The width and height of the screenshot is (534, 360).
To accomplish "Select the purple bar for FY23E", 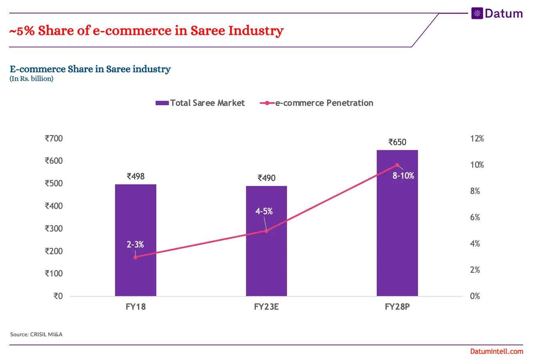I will [x=266, y=262].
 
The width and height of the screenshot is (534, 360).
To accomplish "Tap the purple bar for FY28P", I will [x=397, y=229].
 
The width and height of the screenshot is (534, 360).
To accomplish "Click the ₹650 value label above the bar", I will [x=397, y=142].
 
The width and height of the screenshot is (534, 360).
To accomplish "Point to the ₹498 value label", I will [x=136, y=177].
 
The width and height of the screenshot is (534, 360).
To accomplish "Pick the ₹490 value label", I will [x=266, y=178].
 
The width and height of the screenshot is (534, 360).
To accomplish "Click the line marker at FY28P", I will [x=397, y=165].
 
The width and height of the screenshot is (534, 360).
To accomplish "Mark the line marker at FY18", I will [x=136, y=257].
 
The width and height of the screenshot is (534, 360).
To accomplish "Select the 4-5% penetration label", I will [x=264, y=212].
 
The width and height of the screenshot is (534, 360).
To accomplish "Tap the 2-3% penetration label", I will [x=135, y=245].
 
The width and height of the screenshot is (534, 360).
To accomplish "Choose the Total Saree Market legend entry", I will [x=200, y=103].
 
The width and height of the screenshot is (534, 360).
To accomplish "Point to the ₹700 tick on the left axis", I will [x=54, y=138].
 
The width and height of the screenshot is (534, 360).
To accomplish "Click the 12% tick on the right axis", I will [x=477, y=139].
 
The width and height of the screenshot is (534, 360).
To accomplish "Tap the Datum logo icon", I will [x=477, y=14].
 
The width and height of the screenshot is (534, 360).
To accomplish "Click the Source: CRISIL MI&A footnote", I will [x=36, y=335].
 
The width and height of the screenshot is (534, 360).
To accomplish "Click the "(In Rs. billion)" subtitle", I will [x=32, y=79].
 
